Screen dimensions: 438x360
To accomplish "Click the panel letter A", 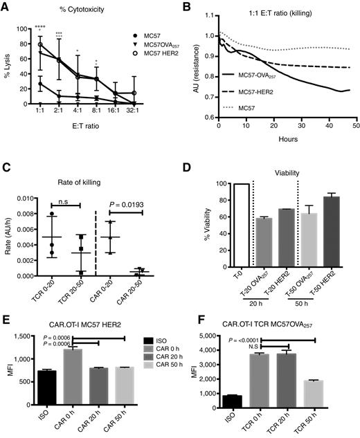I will coord(6,6).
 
